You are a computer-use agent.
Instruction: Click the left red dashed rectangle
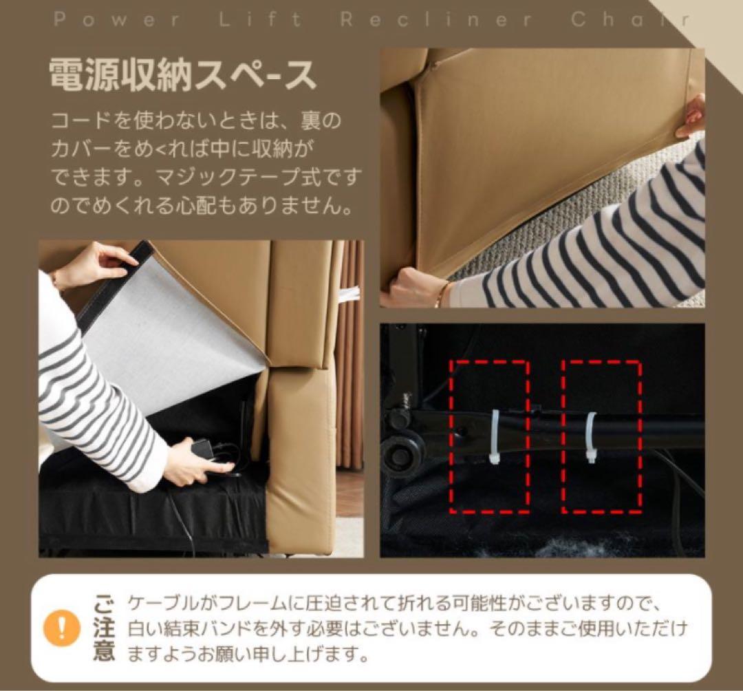(x=489, y=436)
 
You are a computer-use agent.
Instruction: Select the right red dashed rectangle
(x=602, y=436)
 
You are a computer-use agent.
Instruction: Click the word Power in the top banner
(x=116, y=19)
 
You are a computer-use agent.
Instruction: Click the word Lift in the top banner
(x=261, y=19)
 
